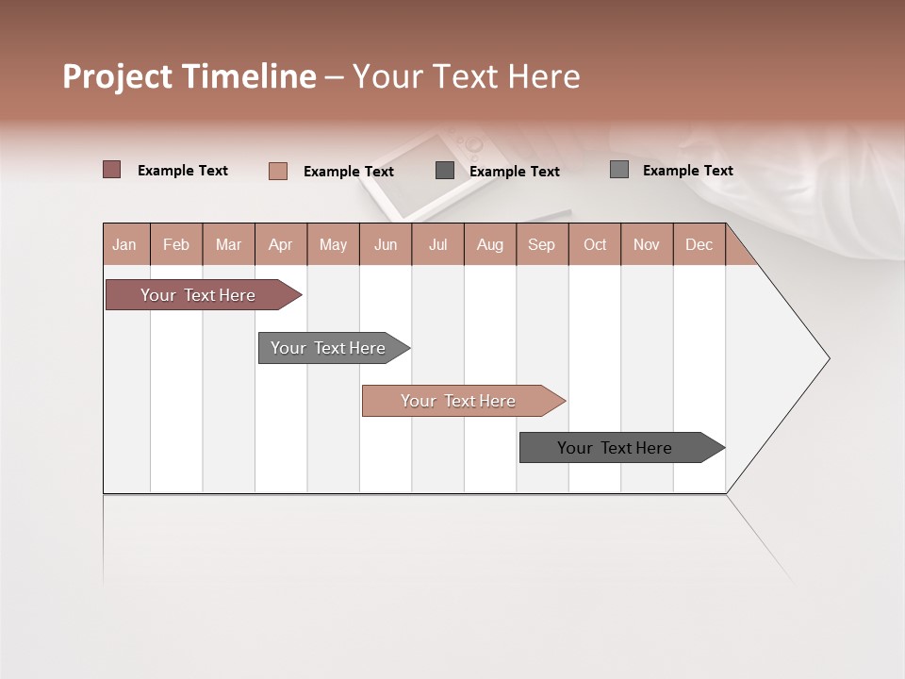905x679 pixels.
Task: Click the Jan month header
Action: (x=124, y=244)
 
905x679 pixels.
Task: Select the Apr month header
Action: (x=280, y=244)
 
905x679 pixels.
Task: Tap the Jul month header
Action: (x=437, y=244)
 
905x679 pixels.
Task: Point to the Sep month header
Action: (x=541, y=244)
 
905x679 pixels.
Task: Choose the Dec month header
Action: (x=699, y=244)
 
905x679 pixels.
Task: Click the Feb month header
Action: (x=176, y=244)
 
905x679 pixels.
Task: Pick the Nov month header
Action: (x=646, y=244)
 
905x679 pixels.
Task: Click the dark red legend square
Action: (x=112, y=170)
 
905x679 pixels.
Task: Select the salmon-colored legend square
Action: (x=277, y=171)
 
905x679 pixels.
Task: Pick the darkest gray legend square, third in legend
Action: (x=445, y=170)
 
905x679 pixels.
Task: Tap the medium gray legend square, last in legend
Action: (x=619, y=170)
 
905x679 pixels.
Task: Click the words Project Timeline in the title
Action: (x=189, y=76)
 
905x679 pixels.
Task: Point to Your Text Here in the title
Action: (x=466, y=76)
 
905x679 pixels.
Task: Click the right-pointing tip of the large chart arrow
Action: (x=826, y=358)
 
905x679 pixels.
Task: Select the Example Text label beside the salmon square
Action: (x=348, y=172)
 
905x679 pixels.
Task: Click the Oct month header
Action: (x=595, y=244)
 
